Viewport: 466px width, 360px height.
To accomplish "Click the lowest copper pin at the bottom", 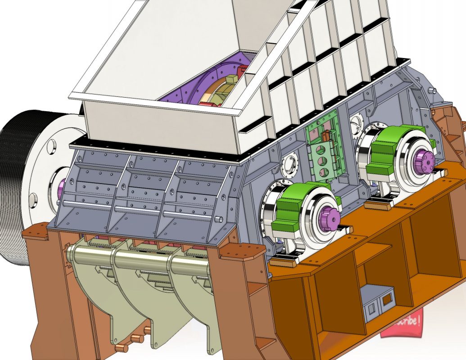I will pos(122,347).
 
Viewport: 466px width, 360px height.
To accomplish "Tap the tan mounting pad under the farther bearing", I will pos(377,205).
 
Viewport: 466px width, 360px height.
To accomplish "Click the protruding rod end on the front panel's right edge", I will pos(219,219).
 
